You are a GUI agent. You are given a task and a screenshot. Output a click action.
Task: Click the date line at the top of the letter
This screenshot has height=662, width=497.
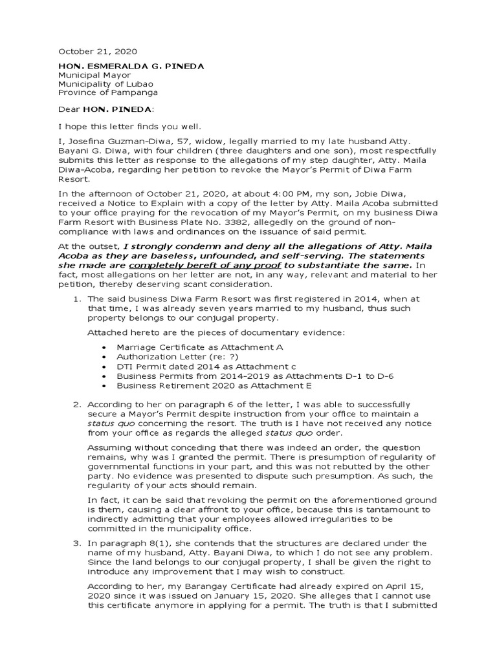point(98,51)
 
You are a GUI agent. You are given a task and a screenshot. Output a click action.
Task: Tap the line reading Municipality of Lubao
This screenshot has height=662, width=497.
point(103,85)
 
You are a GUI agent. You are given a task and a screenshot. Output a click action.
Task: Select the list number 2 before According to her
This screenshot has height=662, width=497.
point(76,404)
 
